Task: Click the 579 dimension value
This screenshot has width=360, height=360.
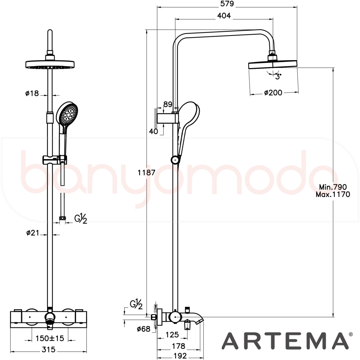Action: click(x=227, y=4)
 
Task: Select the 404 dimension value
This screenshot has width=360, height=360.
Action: click(x=224, y=15)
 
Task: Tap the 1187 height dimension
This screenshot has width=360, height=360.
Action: click(x=147, y=172)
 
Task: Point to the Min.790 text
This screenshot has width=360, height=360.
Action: click(x=333, y=187)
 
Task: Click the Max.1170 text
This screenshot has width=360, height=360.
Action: click(x=333, y=195)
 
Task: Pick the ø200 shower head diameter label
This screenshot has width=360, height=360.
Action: click(x=273, y=93)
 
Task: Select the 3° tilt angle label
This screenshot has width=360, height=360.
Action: click(x=278, y=76)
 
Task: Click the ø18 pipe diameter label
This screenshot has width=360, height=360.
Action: click(x=32, y=93)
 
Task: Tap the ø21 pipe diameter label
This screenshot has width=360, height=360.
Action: click(x=33, y=233)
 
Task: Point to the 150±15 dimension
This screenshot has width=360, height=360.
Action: click(x=50, y=338)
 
